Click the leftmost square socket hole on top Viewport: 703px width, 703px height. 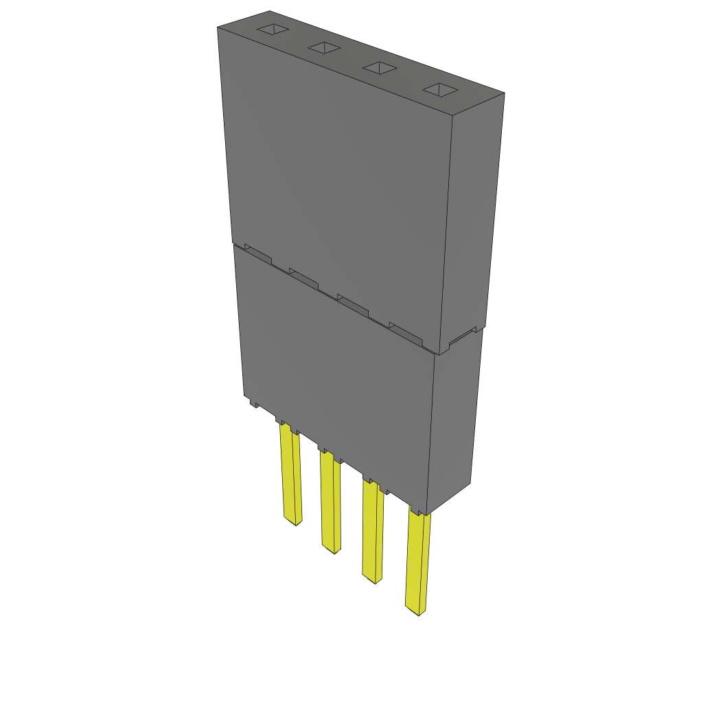point(272,30)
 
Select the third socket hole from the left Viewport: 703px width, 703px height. point(380,68)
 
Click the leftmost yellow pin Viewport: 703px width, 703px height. point(290,474)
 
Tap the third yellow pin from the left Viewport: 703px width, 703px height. point(373,532)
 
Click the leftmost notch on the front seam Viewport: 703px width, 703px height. point(257,255)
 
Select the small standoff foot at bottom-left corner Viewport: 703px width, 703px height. point(253,403)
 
